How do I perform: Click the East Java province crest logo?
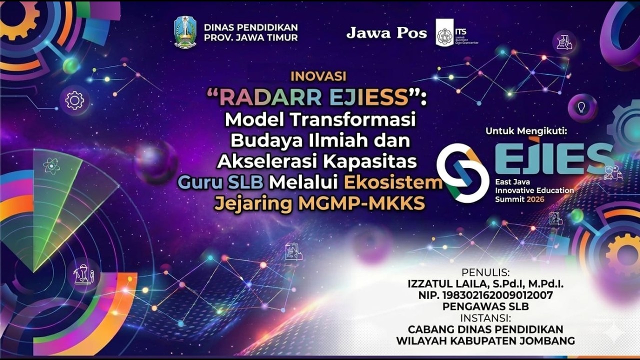(185, 32)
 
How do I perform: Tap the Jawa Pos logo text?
(386, 33)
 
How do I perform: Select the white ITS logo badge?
(444, 33)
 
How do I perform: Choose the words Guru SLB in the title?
(220, 182)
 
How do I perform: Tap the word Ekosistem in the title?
(393, 182)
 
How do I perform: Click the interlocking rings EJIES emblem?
(462, 173)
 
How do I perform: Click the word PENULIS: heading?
(485, 272)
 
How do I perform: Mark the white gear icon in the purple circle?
(74, 100)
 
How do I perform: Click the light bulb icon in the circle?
(582, 107)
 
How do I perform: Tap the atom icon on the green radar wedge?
(51, 165)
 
